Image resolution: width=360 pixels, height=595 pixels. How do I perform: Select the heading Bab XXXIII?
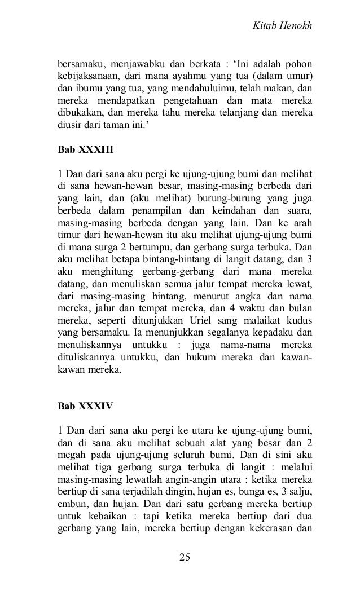[x=82, y=151]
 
